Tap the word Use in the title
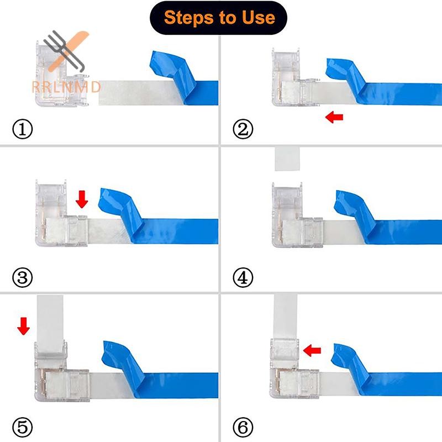click(x=259, y=18)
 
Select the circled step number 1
click(x=23, y=129)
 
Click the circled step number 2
click(x=243, y=129)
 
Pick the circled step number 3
click(x=23, y=277)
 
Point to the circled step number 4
click(x=243, y=277)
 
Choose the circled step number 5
click(x=23, y=427)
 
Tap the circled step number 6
click(x=243, y=427)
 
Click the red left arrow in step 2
click(x=334, y=117)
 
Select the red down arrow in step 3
click(x=82, y=199)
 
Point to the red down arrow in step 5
click(x=23, y=326)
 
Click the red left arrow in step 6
click(x=312, y=350)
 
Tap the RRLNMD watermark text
click(x=66, y=87)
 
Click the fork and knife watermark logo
click(x=66, y=51)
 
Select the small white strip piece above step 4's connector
click(x=287, y=159)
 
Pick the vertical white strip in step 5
click(x=50, y=324)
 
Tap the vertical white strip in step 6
click(x=285, y=315)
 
